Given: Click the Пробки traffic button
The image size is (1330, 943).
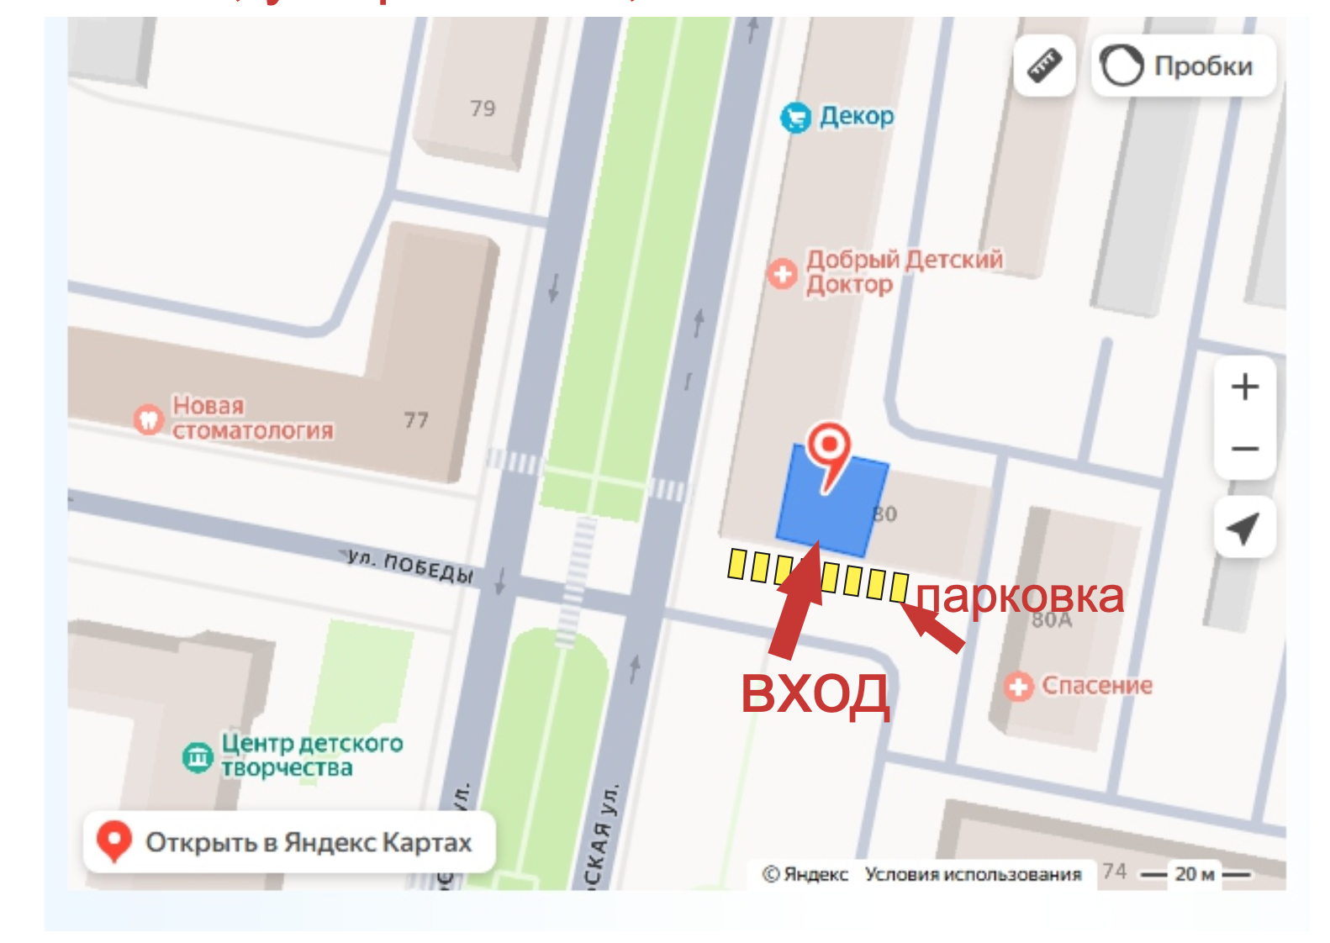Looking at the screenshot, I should coord(1183,66).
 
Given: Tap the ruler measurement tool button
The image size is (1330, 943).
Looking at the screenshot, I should coord(1044,66).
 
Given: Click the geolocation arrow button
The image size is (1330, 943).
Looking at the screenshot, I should coord(1243,528).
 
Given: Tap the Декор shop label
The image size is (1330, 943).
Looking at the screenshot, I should coord(856,116).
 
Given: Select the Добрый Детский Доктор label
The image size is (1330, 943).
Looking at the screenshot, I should coord(904,271).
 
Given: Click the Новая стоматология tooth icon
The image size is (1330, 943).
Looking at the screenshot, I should coord(149,419).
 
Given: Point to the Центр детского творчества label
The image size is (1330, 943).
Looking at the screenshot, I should coord(312,755).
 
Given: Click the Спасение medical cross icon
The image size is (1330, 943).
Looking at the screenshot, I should coord(1018,687).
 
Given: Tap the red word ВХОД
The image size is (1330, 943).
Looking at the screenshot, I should coord(814,693).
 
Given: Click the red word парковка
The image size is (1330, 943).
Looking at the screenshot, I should coord(1020,596).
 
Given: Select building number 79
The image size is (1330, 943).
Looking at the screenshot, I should coord(483,108).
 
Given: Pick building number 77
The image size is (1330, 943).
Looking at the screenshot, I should coord(416,419).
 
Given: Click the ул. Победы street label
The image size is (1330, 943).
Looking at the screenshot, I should coord(410,566).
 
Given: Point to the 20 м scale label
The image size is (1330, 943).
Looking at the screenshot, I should coord(1195,874).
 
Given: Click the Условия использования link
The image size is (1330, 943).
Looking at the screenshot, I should coord(973,874).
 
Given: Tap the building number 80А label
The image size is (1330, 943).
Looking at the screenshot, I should coord(1052,621).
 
